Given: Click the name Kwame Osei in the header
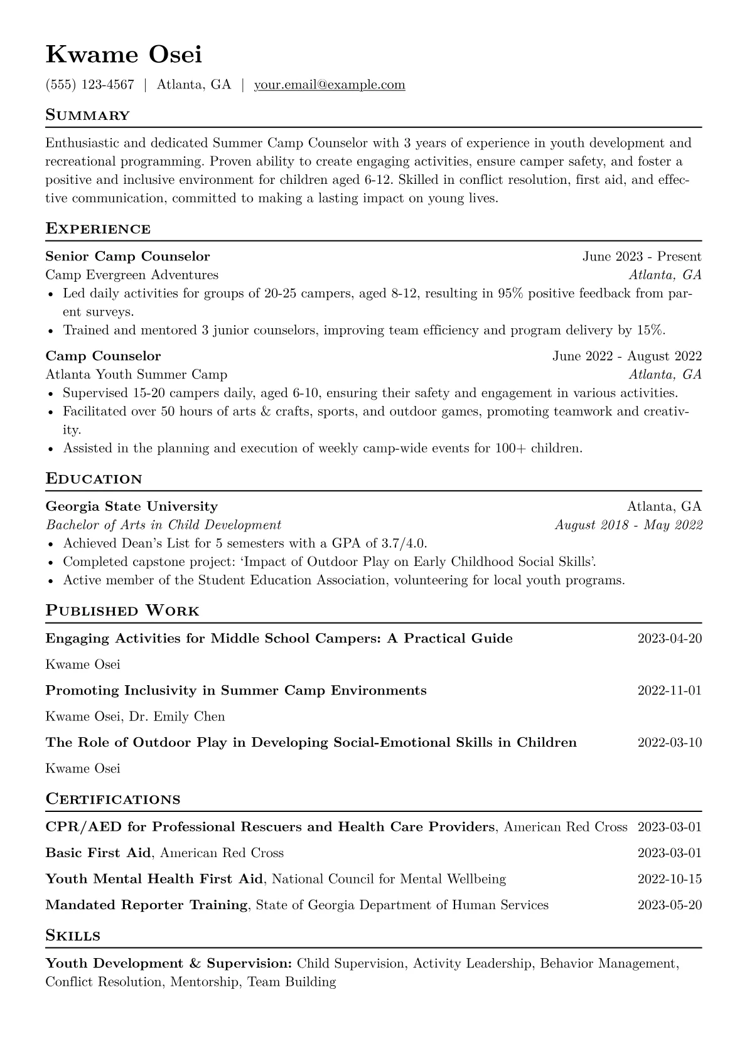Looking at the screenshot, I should (x=124, y=55).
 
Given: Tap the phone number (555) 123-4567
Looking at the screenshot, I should (x=90, y=85).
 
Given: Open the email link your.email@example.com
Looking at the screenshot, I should (x=330, y=85).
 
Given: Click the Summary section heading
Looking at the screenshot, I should (x=87, y=115).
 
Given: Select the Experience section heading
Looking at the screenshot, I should (x=98, y=229).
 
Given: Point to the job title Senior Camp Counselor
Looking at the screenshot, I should (x=127, y=256).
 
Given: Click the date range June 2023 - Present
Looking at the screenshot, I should (x=642, y=256).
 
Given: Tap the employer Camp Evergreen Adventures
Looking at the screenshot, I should (x=132, y=275).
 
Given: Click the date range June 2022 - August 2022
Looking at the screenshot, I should (x=626, y=356).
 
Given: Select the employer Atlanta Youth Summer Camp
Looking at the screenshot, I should (x=136, y=375).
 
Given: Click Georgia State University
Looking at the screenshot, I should (x=132, y=506).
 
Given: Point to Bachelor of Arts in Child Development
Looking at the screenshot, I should (x=163, y=525).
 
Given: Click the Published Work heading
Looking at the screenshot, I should (x=122, y=611).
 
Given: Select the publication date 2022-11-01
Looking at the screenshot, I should (x=669, y=691).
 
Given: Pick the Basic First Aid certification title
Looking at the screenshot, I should (x=99, y=853).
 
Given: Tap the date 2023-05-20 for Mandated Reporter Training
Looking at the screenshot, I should (x=669, y=905).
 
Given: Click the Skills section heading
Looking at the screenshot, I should (x=73, y=936).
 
